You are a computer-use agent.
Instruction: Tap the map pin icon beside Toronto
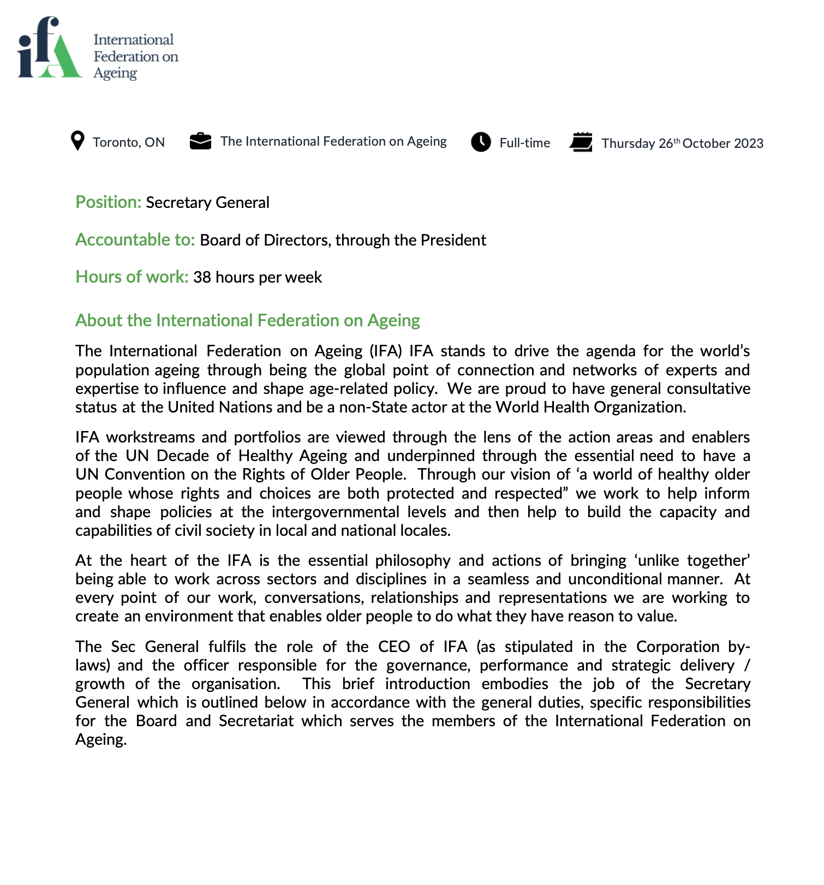pos(78,141)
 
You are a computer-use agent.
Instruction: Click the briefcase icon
pos(200,141)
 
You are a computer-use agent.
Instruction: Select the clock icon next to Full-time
pos(481,142)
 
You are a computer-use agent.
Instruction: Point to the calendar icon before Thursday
pos(581,142)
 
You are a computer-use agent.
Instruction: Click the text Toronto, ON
pos(129,142)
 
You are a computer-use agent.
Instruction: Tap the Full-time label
pos(524,143)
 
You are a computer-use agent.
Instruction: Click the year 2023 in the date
pos(748,143)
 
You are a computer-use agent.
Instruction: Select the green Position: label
pos(108,202)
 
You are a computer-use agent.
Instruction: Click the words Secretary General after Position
pos(207,203)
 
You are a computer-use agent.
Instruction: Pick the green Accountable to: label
pos(135,240)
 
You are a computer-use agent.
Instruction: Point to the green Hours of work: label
pos(132,277)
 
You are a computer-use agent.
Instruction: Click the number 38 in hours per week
pos(202,278)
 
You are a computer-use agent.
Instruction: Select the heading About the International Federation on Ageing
pos(247,320)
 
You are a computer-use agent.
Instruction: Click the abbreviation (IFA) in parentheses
pos(386,351)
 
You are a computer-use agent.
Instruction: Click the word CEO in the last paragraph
pos(394,647)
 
